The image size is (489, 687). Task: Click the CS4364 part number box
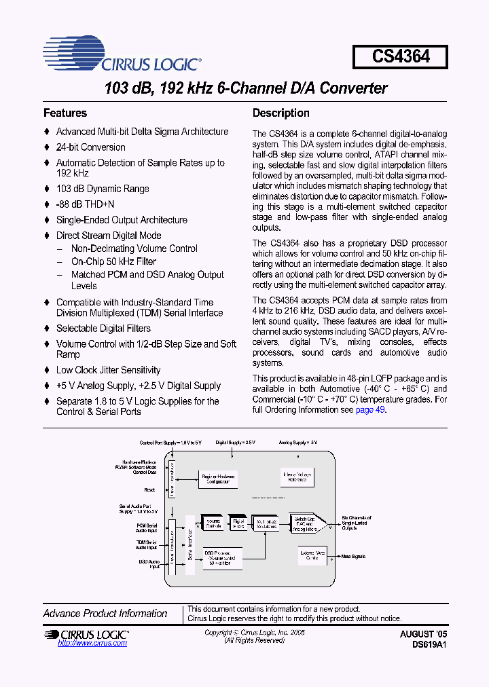pos(400,56)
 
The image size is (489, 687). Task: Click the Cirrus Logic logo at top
pos(122,55)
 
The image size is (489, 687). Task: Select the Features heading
pos(65,113)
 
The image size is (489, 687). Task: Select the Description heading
pos(280,113)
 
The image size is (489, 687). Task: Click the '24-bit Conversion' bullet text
pos(90,147)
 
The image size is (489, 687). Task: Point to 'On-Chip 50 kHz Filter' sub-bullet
pos(113,261)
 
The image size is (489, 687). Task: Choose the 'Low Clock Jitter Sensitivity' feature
pos(108,370)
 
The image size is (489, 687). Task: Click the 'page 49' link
pos(370,411)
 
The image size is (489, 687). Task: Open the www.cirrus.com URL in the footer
pos(83,643)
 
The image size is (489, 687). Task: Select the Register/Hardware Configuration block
pos(218,478)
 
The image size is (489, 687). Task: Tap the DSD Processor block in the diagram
pos(218,557)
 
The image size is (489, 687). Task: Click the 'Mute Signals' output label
pos(354,556)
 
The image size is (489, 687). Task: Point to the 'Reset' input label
pos(149,489)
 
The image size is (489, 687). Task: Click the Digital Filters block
pos(238,523)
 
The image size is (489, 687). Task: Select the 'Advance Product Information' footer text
pos(105,614)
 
